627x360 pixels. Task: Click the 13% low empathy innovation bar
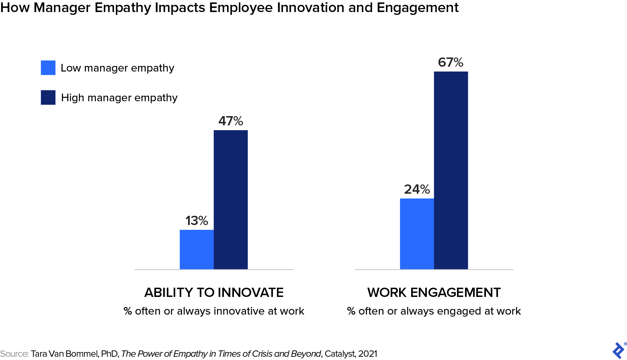(197, 249)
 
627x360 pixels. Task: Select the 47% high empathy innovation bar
(231, 200)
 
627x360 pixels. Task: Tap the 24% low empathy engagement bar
(417, 233)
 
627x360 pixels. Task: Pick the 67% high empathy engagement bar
(451, 170)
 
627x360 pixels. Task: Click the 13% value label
(197, 221)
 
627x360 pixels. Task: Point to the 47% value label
(231, 121)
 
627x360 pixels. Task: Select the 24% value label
(417, 189)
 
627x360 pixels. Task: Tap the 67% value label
(451, 62)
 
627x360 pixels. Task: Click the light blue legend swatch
(48, 67)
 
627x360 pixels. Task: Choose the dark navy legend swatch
(48, 98)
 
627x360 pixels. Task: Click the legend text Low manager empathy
(117, 68)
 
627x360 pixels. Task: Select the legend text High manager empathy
(119, 98)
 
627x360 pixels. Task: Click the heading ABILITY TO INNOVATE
(214, 292)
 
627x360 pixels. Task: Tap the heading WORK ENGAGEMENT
(434, 292)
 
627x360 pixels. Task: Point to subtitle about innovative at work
(214, 311)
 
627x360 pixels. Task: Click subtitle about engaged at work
(434, 311)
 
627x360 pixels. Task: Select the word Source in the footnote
(14, 354)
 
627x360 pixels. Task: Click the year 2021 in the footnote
(367, 354)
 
